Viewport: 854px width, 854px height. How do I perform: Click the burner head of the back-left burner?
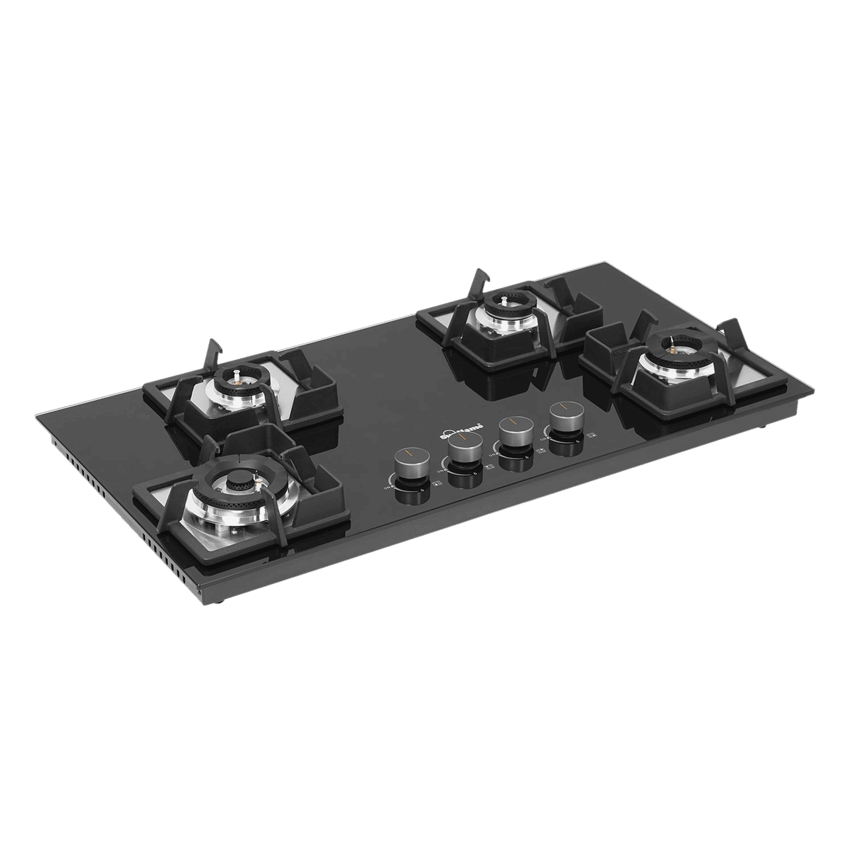[235, 381]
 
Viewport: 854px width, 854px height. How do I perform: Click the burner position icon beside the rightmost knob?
[590, 436]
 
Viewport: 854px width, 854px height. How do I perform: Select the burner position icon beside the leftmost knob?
[437, 484]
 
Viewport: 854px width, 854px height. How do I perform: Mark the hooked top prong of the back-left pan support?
[213, 346]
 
